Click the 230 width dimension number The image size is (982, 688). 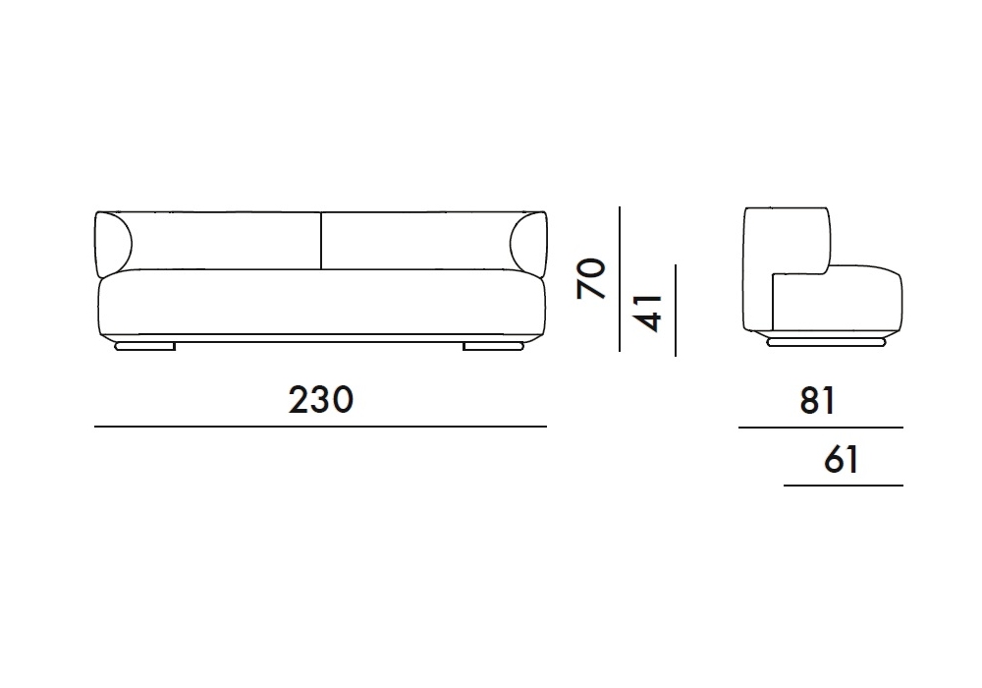pos(321,400)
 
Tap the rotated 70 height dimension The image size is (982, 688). pos(592,278)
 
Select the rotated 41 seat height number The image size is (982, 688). pos(648,313)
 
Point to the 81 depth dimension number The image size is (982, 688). pos(817,400)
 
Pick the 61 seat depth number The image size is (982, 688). pos(842,459)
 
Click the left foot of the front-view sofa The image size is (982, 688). pos(144,346)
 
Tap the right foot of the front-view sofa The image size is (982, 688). pos(493,346)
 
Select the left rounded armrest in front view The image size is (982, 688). pos(113,245)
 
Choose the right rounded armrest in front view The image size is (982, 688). pos(528,245)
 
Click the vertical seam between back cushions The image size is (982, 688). pos(321,241)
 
